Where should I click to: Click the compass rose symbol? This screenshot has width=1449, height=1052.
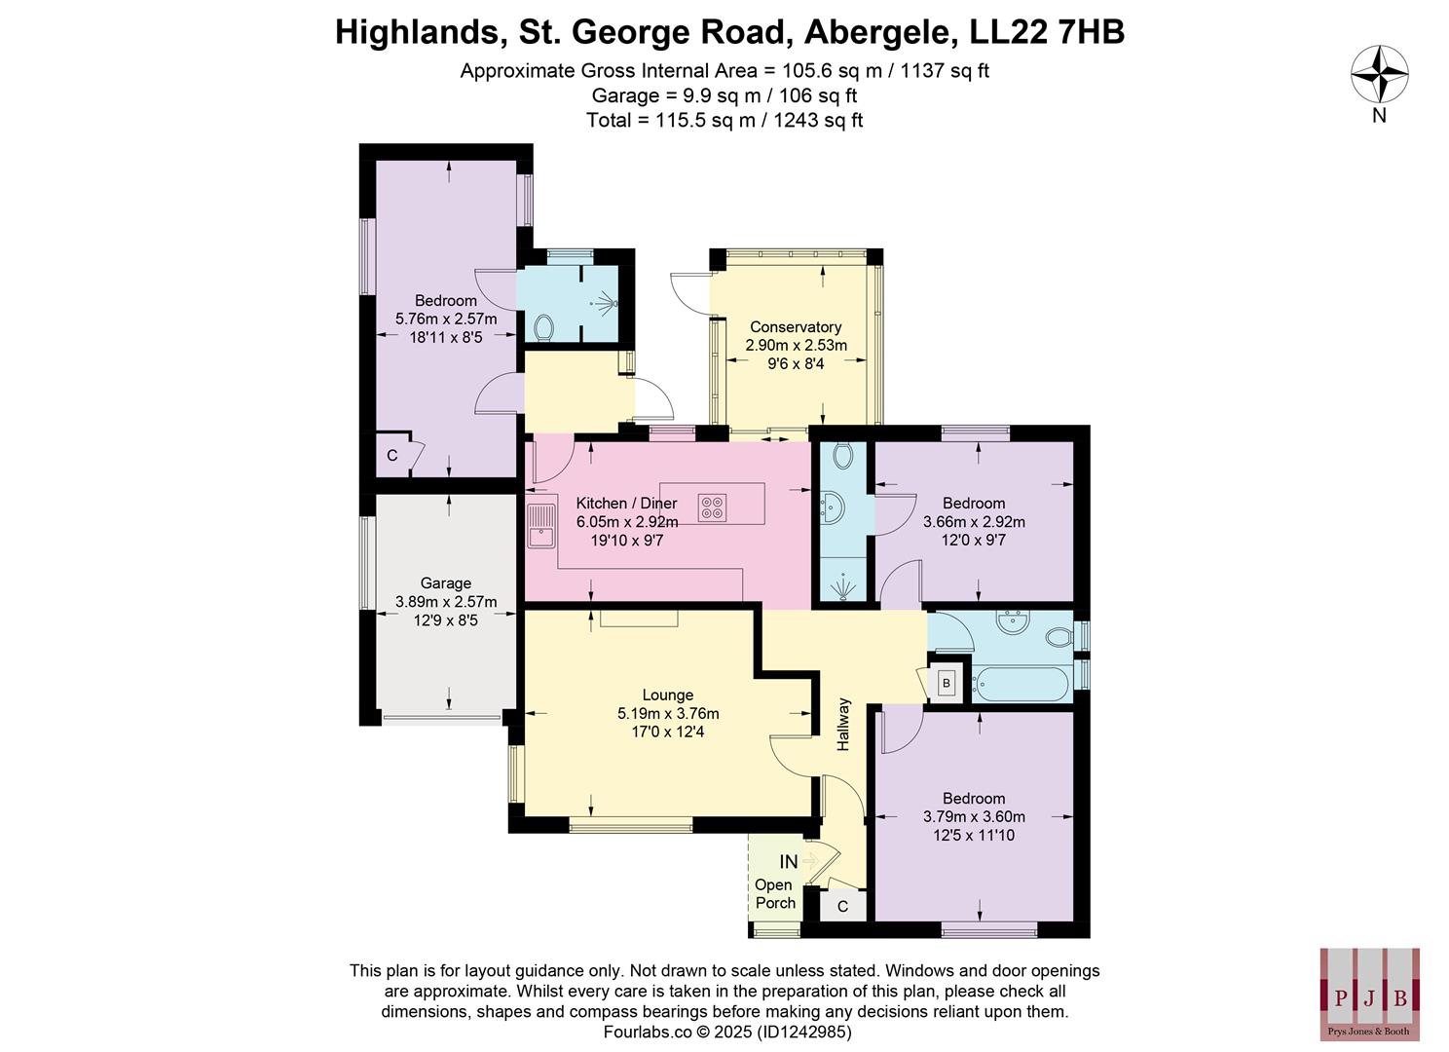pyautogui.click(x=1379, y=75)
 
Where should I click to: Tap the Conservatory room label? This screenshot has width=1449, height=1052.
pyautogui.click(x=796, y=327)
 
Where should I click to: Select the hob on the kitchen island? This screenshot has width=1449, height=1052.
pyautogui.click(x=712, y=507)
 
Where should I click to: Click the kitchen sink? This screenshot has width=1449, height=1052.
pyautogui.click(x=540, y=526)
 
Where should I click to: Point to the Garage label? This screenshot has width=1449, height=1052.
pyautogui.click(x=445, y=583)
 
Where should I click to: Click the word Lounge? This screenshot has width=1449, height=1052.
pyautogui.click(x=668, y=695)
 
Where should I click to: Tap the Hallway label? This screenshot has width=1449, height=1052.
pyautogui.click(x=843, y=724)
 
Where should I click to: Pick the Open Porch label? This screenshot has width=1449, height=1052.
pyautogui.click(x=774, y=894)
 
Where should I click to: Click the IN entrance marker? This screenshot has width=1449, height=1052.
pyautogui.click(x=789, y=862)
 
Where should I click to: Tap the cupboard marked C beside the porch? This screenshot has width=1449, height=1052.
pyautogui.click(x=843, y=907)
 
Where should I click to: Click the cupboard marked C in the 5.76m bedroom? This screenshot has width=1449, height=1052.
pyautogui.click(x=392, y=456)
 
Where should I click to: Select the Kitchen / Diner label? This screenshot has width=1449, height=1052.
pyautogui.click(x=626, y=504)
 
